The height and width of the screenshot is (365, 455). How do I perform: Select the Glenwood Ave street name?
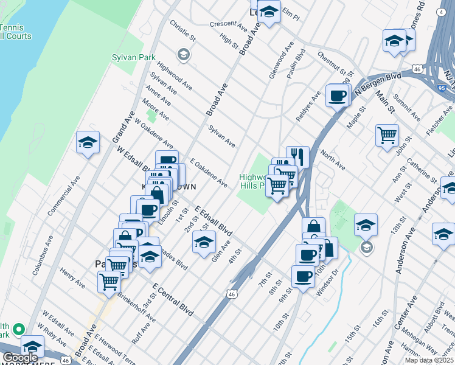(x=282, y=60)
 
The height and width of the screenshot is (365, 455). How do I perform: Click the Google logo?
(x=20, y=358)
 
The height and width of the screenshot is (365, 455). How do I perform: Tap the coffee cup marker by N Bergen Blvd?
(x=337, y=95)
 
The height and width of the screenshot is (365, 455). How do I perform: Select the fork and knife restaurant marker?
(x=297, y=156)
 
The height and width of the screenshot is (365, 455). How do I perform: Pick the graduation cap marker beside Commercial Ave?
(x=88, y=142)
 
